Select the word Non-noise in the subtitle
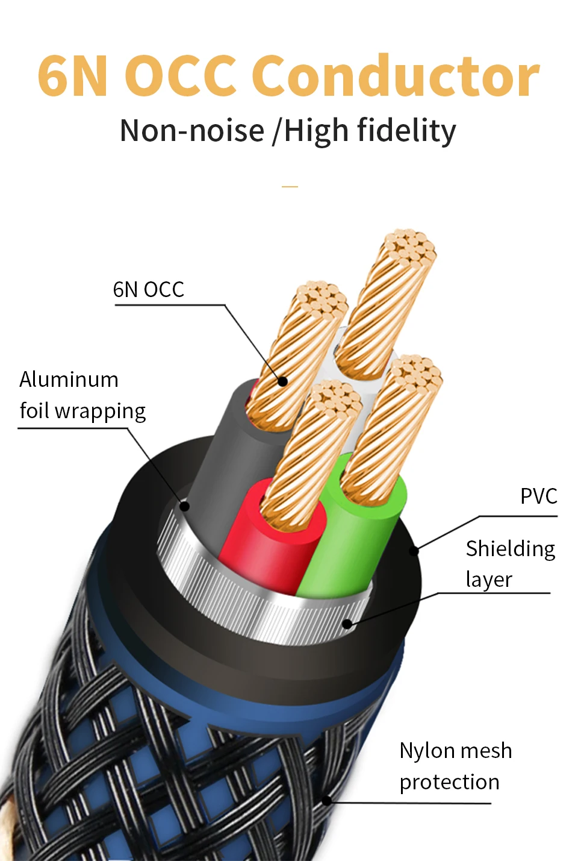[x=192, y=131]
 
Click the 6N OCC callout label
[x=148, y=290]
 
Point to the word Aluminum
[x=69, y=380]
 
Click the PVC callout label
[x=538, y=496]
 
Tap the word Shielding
[x=510, y=549]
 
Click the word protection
[x=449, y=782]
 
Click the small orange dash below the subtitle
[x=290, y=187]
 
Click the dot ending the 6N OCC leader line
[x=282, y=381]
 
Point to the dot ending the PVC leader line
[x=414, y=551]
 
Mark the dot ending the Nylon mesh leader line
[x=326, y=801]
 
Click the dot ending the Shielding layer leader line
[x=347, y=624]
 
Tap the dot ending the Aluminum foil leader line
[x=185, y=506]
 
